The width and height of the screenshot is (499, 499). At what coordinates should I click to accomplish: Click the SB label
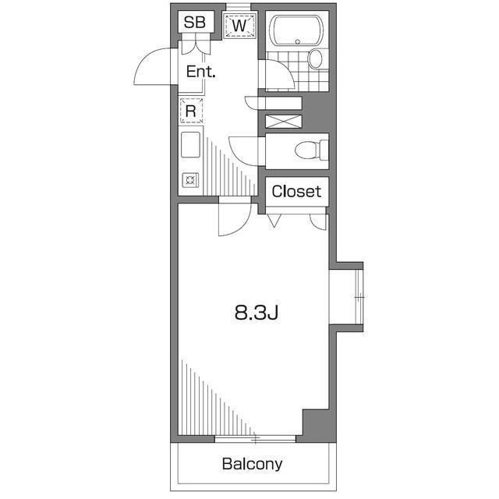tap(194, 23)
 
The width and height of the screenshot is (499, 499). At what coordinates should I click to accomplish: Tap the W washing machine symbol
tap(240, 26)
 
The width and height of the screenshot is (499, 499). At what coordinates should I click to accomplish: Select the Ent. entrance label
tap(200, 73)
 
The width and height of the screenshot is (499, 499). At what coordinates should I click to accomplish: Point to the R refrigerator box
tap(191, 111)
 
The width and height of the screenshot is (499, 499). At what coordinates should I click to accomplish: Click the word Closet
tap(296, 191)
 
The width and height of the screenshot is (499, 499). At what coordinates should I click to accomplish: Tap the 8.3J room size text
tap(257, 313)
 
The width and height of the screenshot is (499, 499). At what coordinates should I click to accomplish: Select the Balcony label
tap(252, 464)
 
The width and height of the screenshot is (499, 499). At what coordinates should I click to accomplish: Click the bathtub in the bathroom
tap(297, 30)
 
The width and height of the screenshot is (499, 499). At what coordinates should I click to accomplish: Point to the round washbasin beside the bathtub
tap(316, 58)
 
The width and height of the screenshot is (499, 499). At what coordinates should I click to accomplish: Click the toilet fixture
tap(312, 150)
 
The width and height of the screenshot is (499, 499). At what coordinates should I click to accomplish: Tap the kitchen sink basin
tap(191, 146)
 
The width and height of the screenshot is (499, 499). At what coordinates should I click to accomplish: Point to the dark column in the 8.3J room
tap(316, 423)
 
